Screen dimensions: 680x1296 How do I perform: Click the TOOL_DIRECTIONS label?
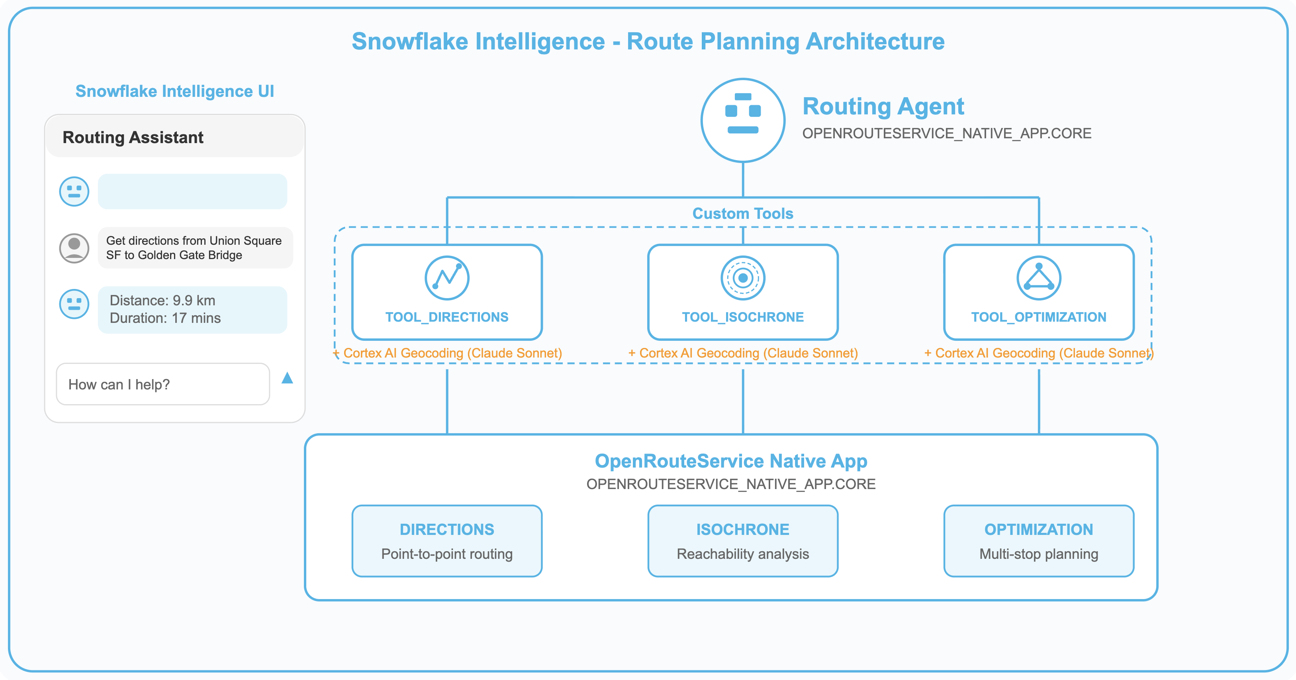447,317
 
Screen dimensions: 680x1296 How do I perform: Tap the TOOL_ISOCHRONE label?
742,317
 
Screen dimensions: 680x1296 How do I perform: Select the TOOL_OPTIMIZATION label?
1038,317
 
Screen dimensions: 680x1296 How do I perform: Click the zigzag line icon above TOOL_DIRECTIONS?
447,277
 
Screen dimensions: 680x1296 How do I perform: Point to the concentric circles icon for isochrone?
742,277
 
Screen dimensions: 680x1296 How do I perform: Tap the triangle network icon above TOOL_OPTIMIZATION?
1038,277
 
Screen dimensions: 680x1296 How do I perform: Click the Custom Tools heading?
742,213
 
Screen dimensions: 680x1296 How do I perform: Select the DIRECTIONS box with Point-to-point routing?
447,540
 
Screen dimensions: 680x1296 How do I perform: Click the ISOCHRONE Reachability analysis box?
742,540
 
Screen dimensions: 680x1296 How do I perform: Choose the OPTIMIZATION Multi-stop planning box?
1038,540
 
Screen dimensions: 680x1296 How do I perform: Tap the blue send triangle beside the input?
287,378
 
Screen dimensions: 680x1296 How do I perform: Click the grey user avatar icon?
74,248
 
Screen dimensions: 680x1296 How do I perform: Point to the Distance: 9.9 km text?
162,301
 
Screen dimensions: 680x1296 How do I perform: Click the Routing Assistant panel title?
133,138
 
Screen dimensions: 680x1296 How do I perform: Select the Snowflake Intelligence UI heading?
174,91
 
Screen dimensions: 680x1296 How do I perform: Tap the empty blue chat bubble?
192,191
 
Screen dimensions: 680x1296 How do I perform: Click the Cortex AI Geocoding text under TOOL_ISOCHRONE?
742,353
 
